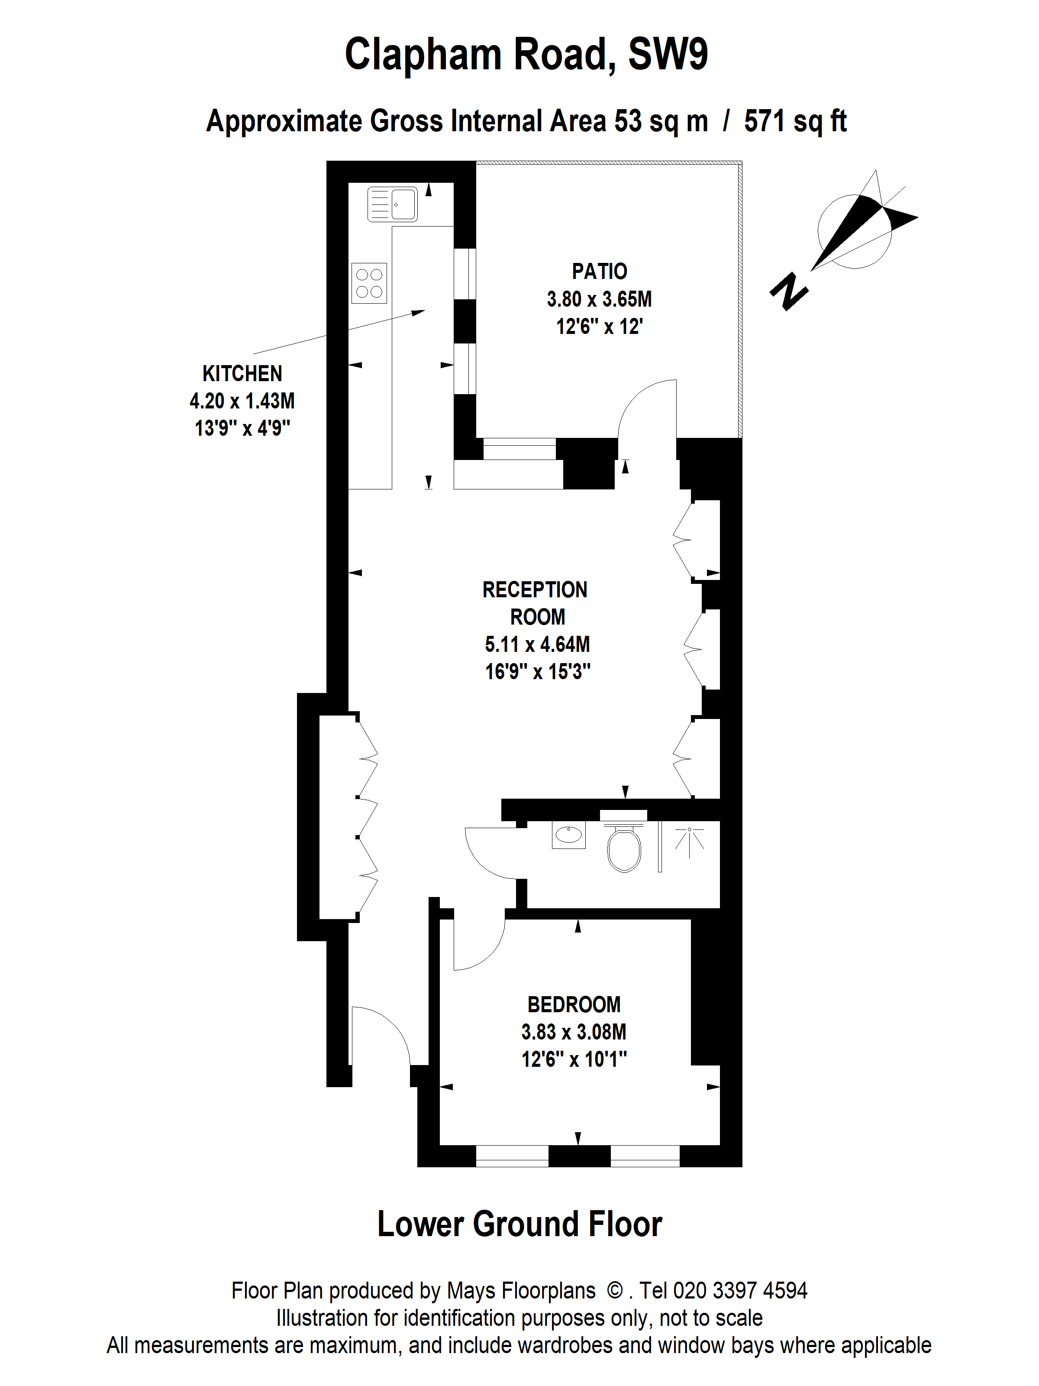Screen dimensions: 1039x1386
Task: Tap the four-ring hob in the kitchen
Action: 369,282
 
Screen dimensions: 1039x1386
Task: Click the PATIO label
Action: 599,271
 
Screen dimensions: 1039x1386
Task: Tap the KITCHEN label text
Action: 242,373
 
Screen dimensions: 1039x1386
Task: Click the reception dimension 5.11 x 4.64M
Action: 537,644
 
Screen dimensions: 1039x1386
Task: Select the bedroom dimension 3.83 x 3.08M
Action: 574,1032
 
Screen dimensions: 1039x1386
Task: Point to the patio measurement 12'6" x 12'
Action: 599,327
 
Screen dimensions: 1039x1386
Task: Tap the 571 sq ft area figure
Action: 795,122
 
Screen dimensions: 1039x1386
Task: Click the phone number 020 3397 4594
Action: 739,1290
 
